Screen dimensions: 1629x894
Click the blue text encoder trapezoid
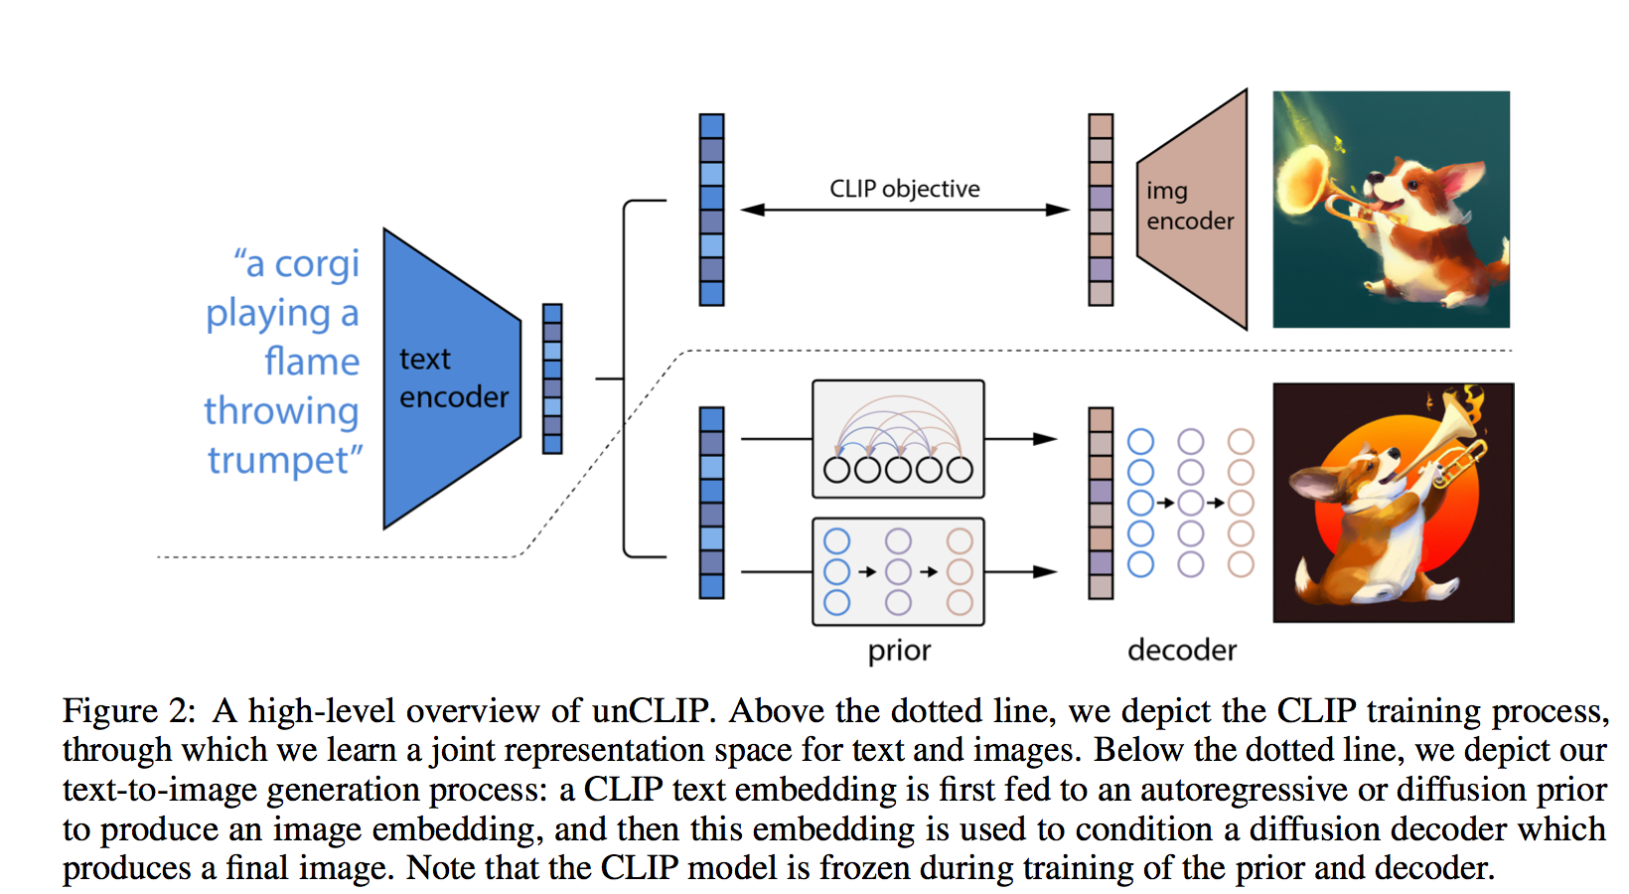click(x=452, y=378)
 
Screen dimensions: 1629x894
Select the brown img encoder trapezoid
click(x=1193, y=210)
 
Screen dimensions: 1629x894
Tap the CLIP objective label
click(x=905, y=189)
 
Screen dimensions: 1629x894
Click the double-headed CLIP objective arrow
click(x=905, y=211)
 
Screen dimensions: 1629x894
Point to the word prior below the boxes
click(x=899, y=651)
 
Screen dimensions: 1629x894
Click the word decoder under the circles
click(x=1182, y=650)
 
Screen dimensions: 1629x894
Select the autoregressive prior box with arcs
click(x=898, y=439)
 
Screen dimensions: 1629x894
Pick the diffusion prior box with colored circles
click(x=898, y=572)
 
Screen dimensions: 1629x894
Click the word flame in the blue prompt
click(x=312, y=361)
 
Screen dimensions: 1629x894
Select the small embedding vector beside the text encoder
click(x=552, y=379)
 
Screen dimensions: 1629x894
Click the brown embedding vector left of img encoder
click(x=1101, y=210)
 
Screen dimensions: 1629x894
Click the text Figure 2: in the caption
click(x=129, y=710)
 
